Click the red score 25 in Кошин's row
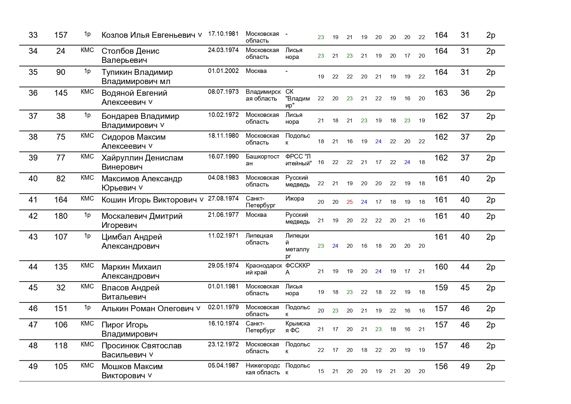[350, 202]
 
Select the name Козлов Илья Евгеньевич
[148, 35]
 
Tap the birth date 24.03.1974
[223, 50]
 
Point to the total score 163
[441, 93]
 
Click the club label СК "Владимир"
[297, 98]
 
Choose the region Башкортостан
[262, 160]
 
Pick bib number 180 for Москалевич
[61, 216]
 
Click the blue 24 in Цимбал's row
[335, 246]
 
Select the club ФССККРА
[298, 269]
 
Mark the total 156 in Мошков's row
[441, 367]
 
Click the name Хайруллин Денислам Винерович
[142, 162]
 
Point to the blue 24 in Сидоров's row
[378, 142]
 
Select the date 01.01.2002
[223, 71]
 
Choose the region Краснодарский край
[264, 269]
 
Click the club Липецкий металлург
[297, 246]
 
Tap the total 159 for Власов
[441, 288]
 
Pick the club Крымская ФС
[298, 327]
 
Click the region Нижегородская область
[263, 369]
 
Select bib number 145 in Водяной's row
[61, 93]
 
